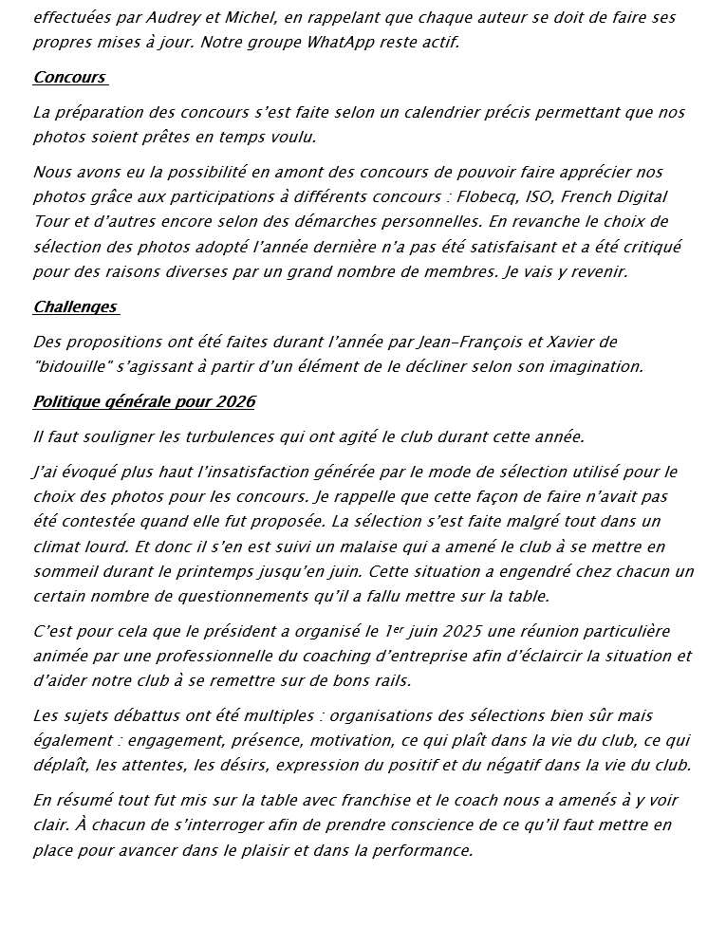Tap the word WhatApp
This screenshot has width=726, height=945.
[x=320, y=43]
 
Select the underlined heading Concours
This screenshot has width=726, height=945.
[x=69, y=78]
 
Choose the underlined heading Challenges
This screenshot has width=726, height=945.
[x=75, y=306]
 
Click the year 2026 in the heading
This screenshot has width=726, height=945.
[x=233, y=401]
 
